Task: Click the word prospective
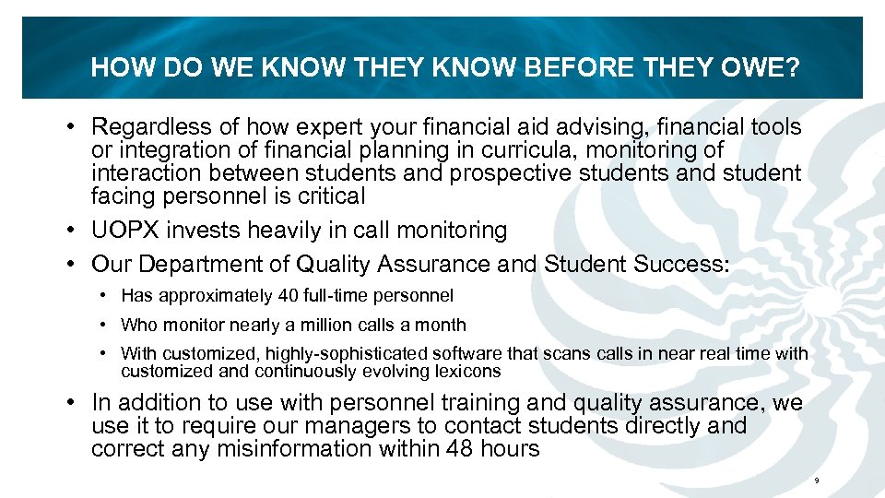529,172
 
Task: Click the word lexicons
469,372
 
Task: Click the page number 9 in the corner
817,481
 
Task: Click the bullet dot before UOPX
72,230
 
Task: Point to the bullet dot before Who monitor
107,325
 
